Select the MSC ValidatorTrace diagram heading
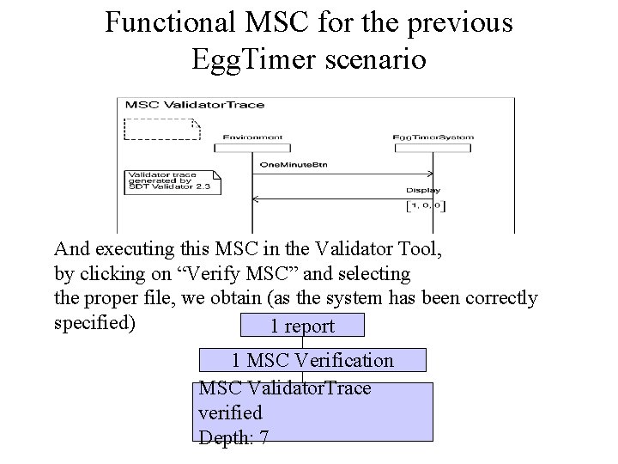(195, 105)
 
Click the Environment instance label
(252, 137)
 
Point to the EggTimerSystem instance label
(433, 137)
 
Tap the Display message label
(423, 190)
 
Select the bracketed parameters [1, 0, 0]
(426, 206)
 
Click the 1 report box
(302, 326)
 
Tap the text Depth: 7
(233, 437)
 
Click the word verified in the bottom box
(230, 412)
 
